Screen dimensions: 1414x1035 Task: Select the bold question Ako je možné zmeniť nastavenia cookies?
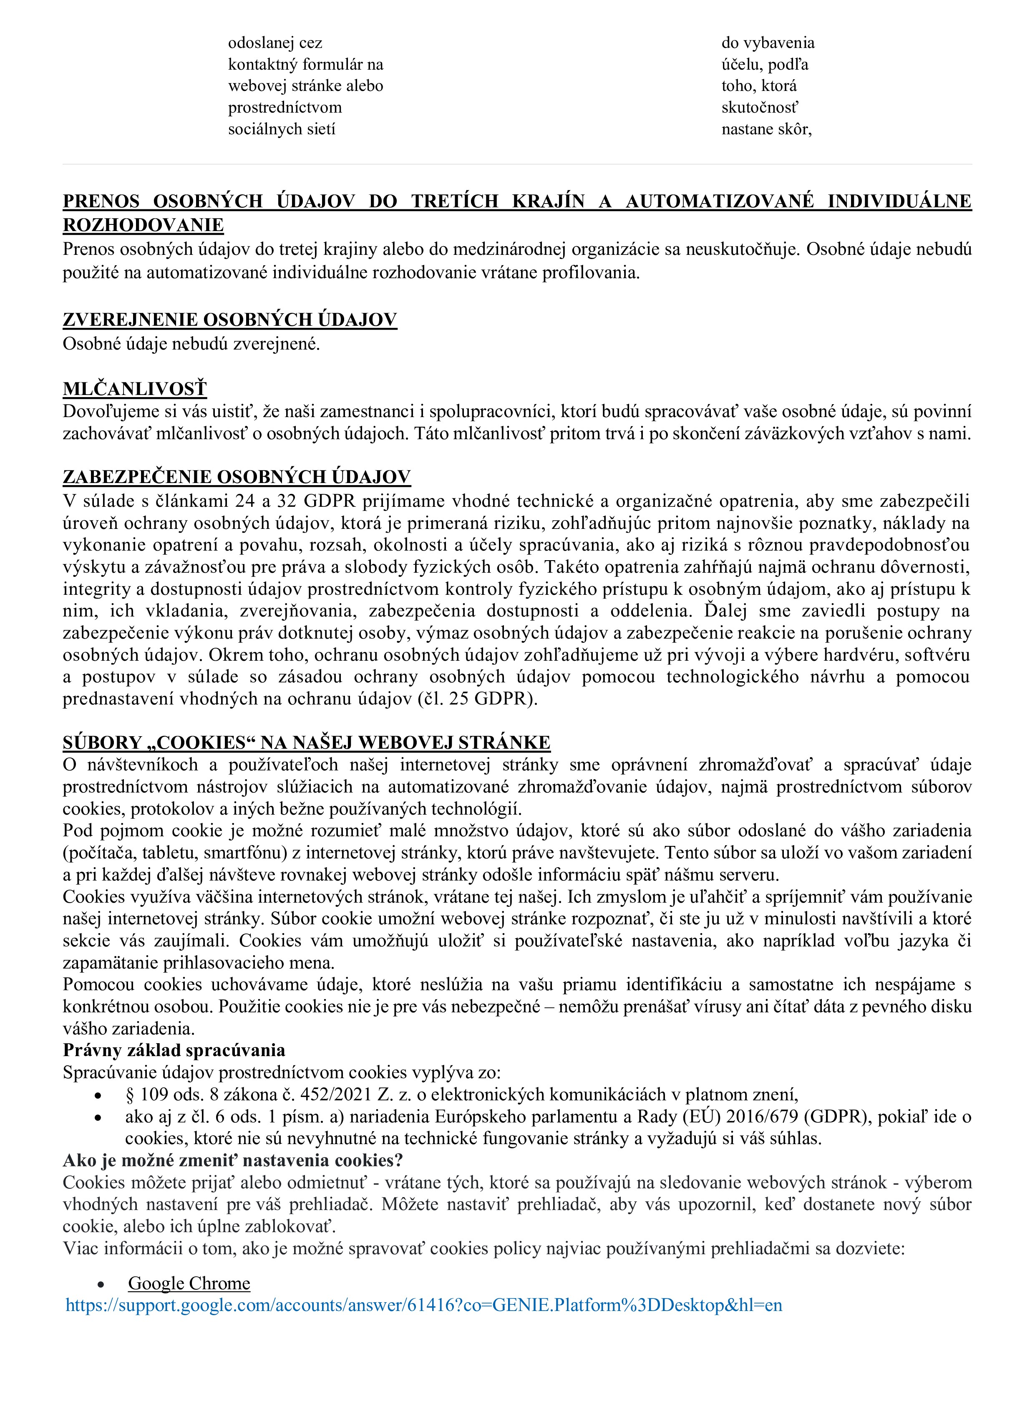coord(232,1160)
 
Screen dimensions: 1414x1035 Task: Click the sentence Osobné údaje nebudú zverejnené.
coord(191,344)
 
